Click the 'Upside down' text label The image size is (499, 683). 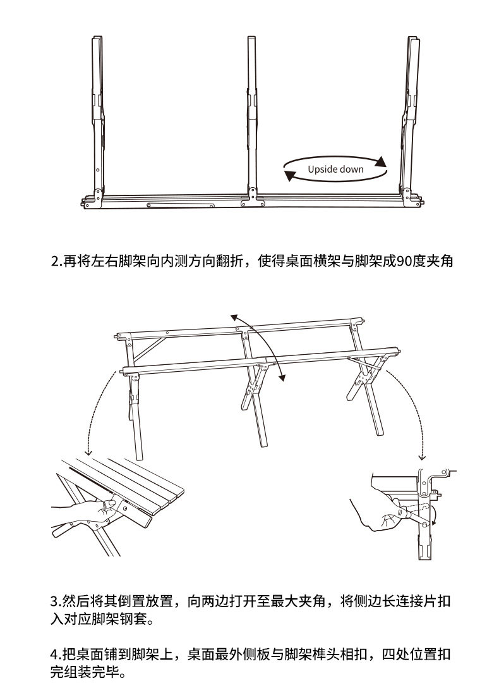335,169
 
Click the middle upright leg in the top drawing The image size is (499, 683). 252,116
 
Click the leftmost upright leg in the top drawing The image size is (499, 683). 99,116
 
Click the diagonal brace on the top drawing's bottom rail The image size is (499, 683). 181,205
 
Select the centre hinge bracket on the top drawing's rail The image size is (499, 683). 252,198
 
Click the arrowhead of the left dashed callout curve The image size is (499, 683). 88,452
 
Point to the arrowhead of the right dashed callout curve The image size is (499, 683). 421,457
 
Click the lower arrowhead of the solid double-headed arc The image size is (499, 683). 282,377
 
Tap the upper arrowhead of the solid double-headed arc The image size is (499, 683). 234,317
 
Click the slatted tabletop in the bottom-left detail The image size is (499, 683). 131,484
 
